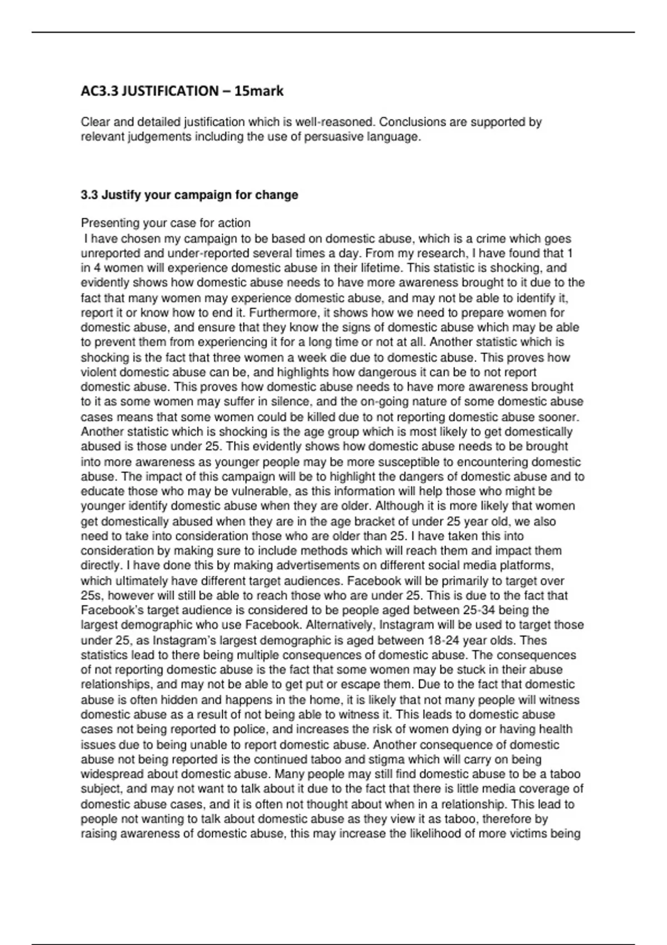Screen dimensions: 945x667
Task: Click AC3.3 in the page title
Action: [99, 91]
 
